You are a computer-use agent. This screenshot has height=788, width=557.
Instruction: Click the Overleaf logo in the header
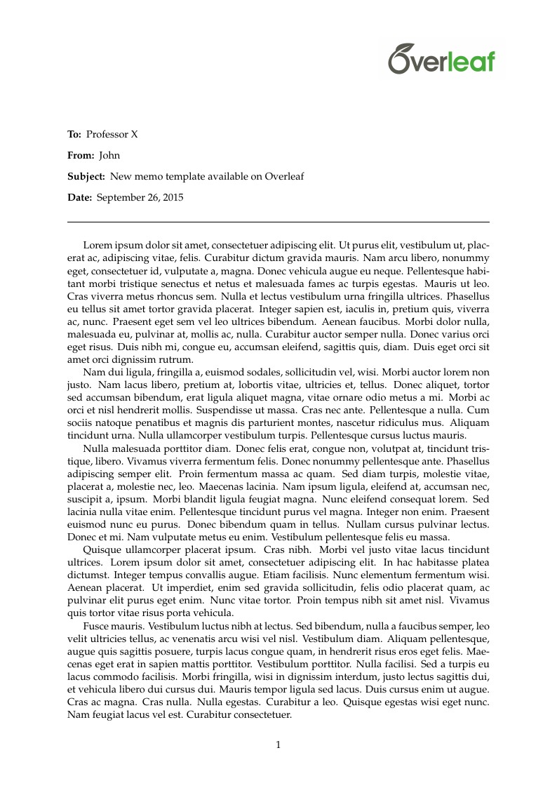442,58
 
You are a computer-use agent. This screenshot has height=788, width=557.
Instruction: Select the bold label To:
74,134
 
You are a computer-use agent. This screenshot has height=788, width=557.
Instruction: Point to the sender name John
109,155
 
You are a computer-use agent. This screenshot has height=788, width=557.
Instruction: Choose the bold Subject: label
86,176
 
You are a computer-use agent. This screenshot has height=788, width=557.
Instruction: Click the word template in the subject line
183,176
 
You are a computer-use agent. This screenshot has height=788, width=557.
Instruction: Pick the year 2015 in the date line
173,197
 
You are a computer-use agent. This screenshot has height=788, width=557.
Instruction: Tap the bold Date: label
79,197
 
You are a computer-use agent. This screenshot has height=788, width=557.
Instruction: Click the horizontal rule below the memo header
278,222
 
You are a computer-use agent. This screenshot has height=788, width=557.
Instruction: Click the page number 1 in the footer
278,745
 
